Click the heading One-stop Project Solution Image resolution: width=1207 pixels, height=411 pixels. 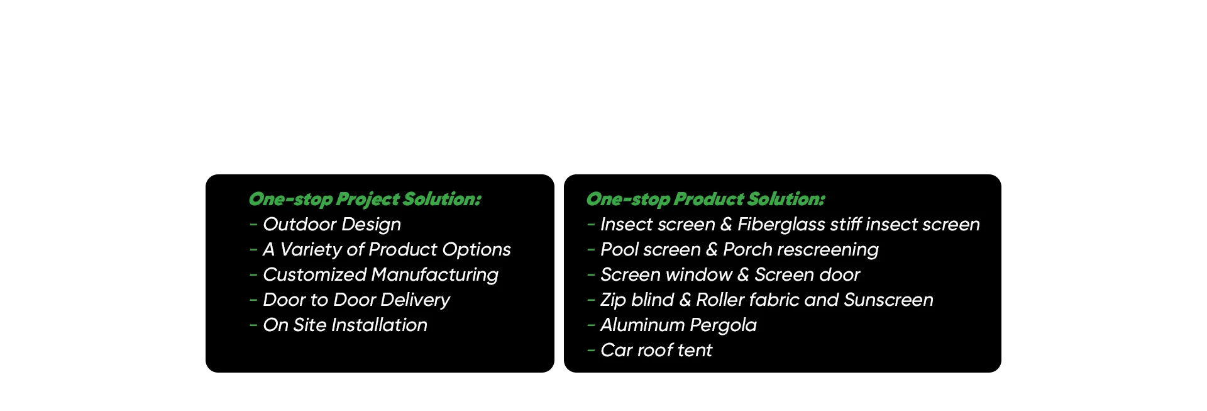(365, 200)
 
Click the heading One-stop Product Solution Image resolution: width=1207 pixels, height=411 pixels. (705, 200)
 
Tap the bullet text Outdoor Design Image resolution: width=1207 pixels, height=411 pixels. (332, 225)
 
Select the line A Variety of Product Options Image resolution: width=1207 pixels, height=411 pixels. (387, 250)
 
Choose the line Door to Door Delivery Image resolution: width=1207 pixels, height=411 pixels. (356, 300)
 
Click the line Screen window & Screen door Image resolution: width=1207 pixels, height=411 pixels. (730, 274)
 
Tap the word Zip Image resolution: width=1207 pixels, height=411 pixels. (613, 300)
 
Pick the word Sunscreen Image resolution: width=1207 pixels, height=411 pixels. (888, 300)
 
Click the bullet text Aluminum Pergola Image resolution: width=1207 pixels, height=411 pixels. (678, 325)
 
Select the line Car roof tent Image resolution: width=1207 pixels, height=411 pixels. (656, 350)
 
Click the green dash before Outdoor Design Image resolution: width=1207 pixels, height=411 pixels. (253, 224)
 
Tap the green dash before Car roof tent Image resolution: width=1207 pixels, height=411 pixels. (591, 350)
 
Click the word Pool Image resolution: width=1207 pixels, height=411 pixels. (620, 249)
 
